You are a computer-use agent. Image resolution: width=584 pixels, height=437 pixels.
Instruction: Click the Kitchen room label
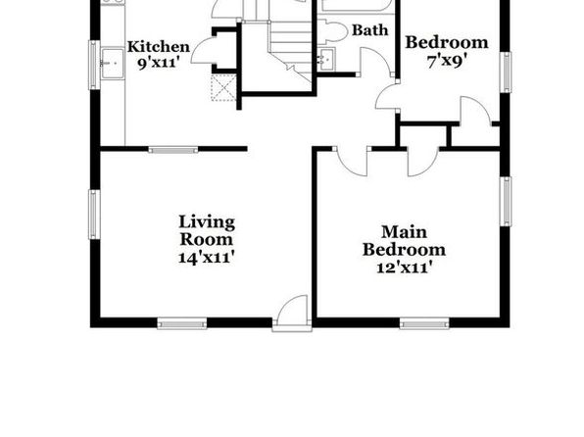tap(159, 47)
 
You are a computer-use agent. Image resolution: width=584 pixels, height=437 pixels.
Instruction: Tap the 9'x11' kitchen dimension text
tap(157, 63)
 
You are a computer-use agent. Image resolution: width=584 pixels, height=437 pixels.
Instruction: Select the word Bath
tap(369, 30)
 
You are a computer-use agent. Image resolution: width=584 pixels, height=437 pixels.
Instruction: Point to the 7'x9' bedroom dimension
tap(447, 61)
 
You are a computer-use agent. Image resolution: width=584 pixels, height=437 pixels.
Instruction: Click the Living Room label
tap(207, 230)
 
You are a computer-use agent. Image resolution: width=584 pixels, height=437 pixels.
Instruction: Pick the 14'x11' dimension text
tap(207, 258)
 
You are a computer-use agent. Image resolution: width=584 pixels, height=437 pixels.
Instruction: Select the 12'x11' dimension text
tap(405, 267)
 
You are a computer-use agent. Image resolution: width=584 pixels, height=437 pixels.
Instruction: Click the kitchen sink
tap(113, 64)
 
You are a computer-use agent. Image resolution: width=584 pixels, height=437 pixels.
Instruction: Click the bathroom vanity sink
tap(326, 59)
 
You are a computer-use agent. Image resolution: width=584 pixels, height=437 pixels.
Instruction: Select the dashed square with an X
tap(223, 87)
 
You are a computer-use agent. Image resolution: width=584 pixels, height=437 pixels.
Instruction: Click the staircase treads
tap(290, 47)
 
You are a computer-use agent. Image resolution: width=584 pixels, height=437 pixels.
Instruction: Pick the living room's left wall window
tap(94, 215)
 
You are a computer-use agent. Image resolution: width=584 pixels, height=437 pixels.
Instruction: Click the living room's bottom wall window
tap(182, 323)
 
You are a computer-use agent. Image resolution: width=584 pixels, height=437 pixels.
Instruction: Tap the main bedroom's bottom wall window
tap(424, 323)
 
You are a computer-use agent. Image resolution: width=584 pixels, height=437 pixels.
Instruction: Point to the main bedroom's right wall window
tap(506, 201)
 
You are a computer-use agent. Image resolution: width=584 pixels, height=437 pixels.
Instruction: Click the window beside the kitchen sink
tap(94, 65)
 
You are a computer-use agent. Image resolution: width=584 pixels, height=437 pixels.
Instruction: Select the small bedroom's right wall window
tap(506, 73)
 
